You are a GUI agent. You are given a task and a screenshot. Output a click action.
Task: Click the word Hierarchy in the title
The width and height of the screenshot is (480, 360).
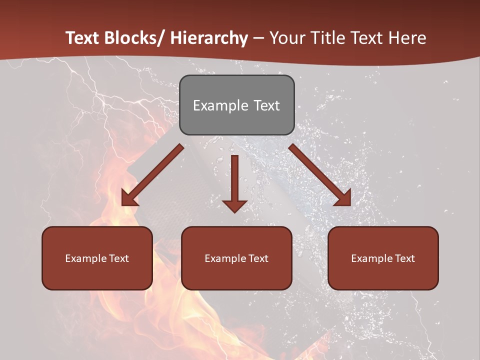209,38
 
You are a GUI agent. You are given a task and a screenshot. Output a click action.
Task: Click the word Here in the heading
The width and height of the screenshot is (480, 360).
408,38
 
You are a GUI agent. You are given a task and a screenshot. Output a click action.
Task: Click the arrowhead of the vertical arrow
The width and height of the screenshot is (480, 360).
234,205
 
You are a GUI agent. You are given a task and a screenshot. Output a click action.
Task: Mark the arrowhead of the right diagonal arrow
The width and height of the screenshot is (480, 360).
343,198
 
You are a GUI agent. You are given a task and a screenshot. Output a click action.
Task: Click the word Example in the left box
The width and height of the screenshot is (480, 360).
86,258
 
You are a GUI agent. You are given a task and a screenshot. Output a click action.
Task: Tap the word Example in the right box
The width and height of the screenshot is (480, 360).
372,258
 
